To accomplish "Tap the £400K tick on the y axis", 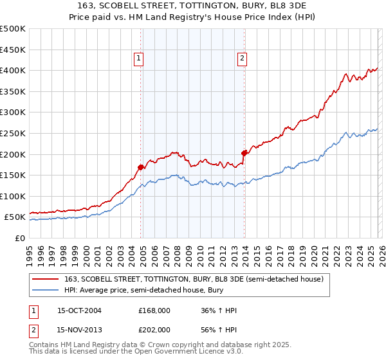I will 13,70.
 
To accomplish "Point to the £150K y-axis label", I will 13,175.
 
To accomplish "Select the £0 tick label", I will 20,238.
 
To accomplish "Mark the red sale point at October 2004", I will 141,167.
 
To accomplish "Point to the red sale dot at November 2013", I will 244,153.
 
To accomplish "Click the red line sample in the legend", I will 46,278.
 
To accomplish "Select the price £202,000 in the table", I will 154,329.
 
